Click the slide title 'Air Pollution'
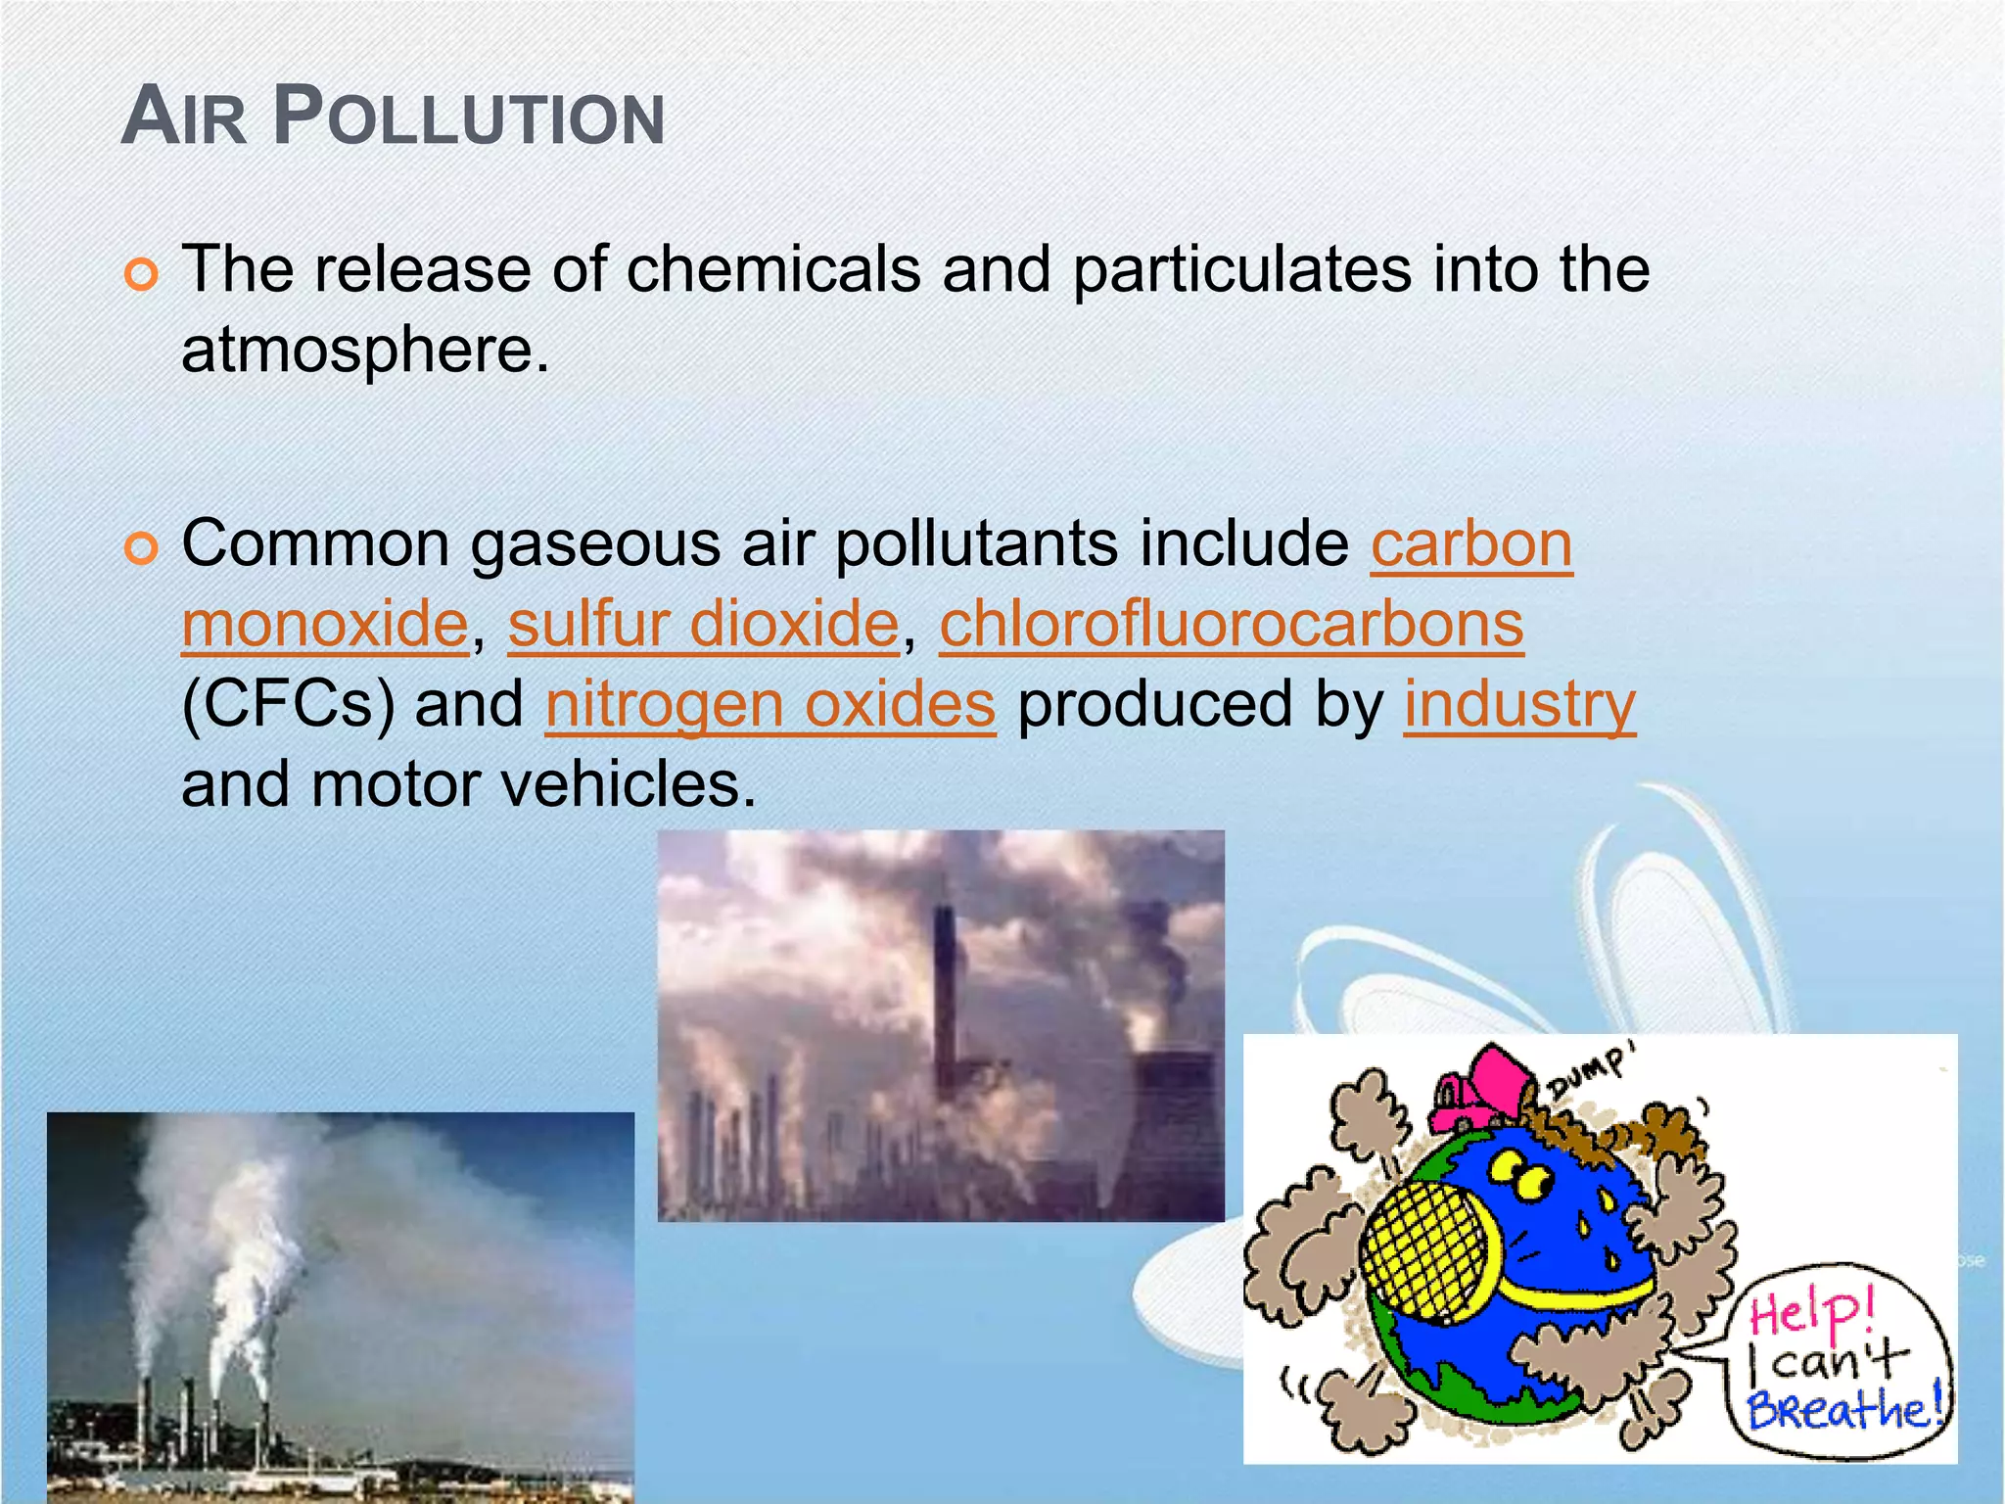pos(393,117)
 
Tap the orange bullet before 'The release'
pos(142,274)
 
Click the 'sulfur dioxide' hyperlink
pos(703,624)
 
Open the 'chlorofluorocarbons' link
pos(1231,624)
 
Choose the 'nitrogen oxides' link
pos(770,704)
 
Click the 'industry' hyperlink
pos(1519,704)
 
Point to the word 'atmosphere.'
pos(365,350)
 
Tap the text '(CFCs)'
pos(288,704)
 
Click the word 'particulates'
pos(1242,269)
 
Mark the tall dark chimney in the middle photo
pos(945,989)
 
